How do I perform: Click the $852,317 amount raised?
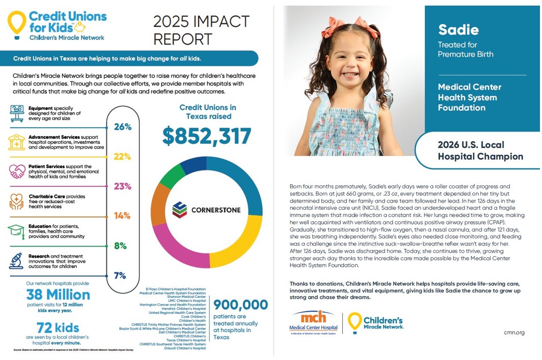tap(207, 136)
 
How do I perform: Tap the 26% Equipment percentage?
tap(123, 127)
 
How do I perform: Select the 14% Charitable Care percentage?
tap(122, 215)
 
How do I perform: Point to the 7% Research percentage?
tap(120, 275)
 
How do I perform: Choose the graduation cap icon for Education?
tap(16, 231)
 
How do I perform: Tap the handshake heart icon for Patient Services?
tap(17, 171)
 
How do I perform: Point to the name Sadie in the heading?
tap(458, 30)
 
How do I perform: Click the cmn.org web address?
tap(513, 333)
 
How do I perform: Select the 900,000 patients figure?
tap(240, 304)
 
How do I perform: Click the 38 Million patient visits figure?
tap(58, 294)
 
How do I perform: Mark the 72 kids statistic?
tap(59, 327)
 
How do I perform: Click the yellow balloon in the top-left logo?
tap(16, 23)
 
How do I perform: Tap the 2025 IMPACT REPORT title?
tap(201, 30)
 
